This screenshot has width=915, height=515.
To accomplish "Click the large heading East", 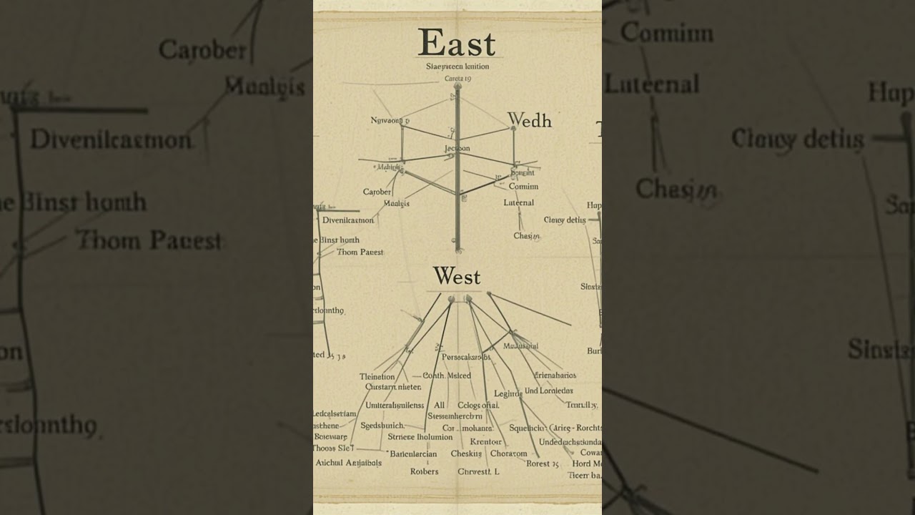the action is point(456,43).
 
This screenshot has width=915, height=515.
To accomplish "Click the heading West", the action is point(456,276).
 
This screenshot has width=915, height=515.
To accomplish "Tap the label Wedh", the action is point(529,120).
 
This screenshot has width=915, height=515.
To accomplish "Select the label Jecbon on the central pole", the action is point(457,149).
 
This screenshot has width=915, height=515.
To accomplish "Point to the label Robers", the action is point(425,471).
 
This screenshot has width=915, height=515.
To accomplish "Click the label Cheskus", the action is point(466,453).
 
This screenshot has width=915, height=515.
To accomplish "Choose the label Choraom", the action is point(508,453).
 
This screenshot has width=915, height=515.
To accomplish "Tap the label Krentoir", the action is point(485,441).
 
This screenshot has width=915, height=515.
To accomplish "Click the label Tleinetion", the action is point(377,377).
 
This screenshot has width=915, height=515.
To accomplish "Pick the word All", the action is point(439,405).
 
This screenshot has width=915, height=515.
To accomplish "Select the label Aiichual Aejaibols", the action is point(349,463).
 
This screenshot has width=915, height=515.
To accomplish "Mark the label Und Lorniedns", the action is point(548,391).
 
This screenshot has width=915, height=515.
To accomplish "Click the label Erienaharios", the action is point(555,375).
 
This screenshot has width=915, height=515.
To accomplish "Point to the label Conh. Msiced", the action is point(447,376).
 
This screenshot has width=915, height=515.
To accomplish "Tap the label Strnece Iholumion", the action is point(420,436).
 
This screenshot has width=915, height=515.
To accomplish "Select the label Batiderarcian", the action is point(413,453).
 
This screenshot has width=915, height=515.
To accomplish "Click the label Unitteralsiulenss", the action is point(395,405).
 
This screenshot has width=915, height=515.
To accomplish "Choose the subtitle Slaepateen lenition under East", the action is point(457,67).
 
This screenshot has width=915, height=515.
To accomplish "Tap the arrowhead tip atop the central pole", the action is point(457,85).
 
